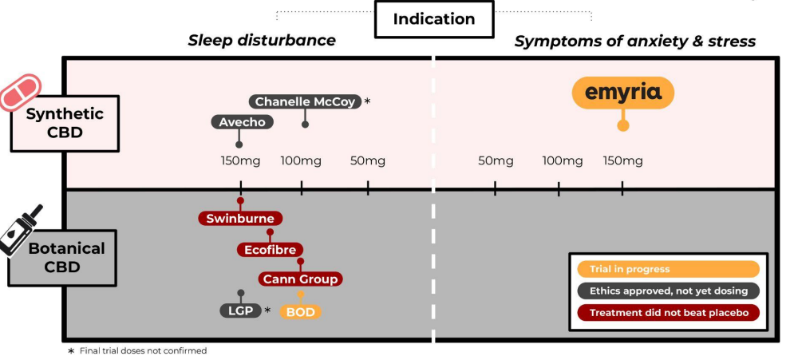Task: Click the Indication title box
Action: pyautogui.click(x=433, y=19)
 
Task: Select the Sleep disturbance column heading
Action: pyautogui.click(x=262, y=41)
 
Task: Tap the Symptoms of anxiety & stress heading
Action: pyautogui.click(x=634, y=42)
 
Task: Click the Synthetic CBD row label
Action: pyautogui.click(x=65, y=123)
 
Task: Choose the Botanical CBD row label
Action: pyautogui.click(x=66, y=257)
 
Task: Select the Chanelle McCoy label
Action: pyautogui.click(x=305, y=101)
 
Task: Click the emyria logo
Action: pyautogui.click(x=623, y=93)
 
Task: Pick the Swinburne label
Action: pyautogui.click(x=240, y=218)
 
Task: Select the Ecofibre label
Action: pyautogui.click(x=270, y=249)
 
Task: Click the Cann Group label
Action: pyautogui.click(x=300, y=279)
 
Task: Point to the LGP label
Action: pyautogui.click(x=240, y=311)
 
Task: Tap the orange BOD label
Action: pyautogui.click(x=300, y=311)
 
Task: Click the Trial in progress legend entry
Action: pyautogui.click(x=668, y=270)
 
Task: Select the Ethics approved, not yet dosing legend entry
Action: pyautogui.click(x=668, y=291)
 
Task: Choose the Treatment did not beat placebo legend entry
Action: pyautogui.click(x=668, y=313)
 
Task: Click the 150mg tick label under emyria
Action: pyautogui.click(x=622, y=160)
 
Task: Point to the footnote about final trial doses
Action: pyautogui.click(x=137, y=350)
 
